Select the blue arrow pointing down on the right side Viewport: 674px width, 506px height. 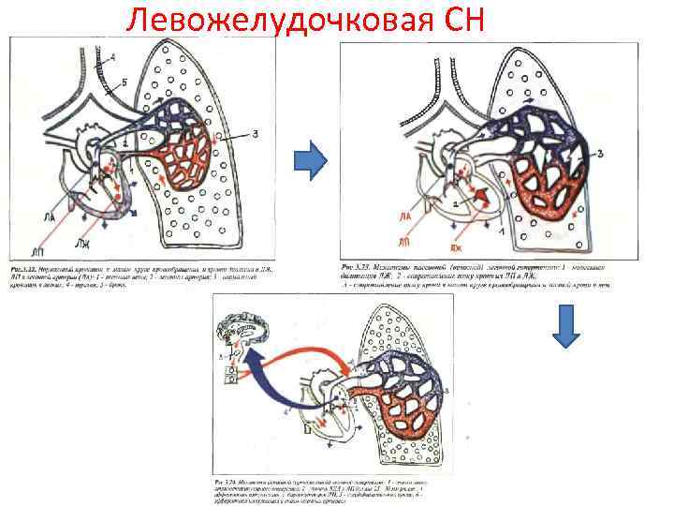[x=570, y=330]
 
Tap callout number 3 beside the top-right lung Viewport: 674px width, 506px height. [x=599, y=154]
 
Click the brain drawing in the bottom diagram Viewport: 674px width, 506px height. [x=240, y=331]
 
